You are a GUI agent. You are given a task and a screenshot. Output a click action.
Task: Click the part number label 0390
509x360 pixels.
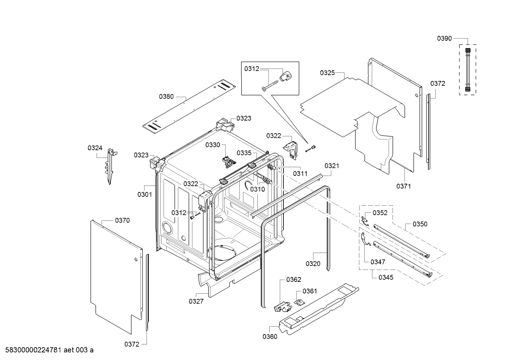point(444,39)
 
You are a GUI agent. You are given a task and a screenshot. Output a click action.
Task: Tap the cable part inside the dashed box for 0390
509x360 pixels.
point(468,70)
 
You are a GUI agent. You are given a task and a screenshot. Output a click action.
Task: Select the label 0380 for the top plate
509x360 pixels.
point(166,96)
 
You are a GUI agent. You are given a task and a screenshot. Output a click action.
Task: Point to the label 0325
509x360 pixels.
point(327,73)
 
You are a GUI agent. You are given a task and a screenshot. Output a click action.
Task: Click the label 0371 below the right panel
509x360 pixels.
point(403,186)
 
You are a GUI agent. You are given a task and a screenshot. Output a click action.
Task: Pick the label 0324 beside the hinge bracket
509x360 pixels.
point(95,148)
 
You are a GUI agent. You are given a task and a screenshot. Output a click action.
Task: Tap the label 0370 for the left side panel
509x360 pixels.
point(122,220)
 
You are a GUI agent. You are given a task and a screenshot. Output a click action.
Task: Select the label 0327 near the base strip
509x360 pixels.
point(196,301)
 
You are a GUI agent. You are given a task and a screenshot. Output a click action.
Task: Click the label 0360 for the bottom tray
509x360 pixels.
point(270,336)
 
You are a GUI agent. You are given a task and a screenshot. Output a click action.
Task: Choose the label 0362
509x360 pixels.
point(294,280)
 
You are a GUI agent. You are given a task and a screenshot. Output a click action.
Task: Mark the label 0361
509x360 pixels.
point(310,291)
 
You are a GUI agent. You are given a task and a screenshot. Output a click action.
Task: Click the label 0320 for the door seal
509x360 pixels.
point(313,264)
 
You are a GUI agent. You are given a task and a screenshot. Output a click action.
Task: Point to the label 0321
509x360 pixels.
point(332,166)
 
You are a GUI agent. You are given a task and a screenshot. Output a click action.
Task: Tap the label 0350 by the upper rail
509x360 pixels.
point(420,224)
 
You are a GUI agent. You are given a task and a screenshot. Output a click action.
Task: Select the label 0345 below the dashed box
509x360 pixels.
point(386,277)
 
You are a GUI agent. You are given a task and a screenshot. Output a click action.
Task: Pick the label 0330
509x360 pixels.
point(213,145)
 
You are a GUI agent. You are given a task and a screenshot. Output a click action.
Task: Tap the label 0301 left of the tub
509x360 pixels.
point(145,194)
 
